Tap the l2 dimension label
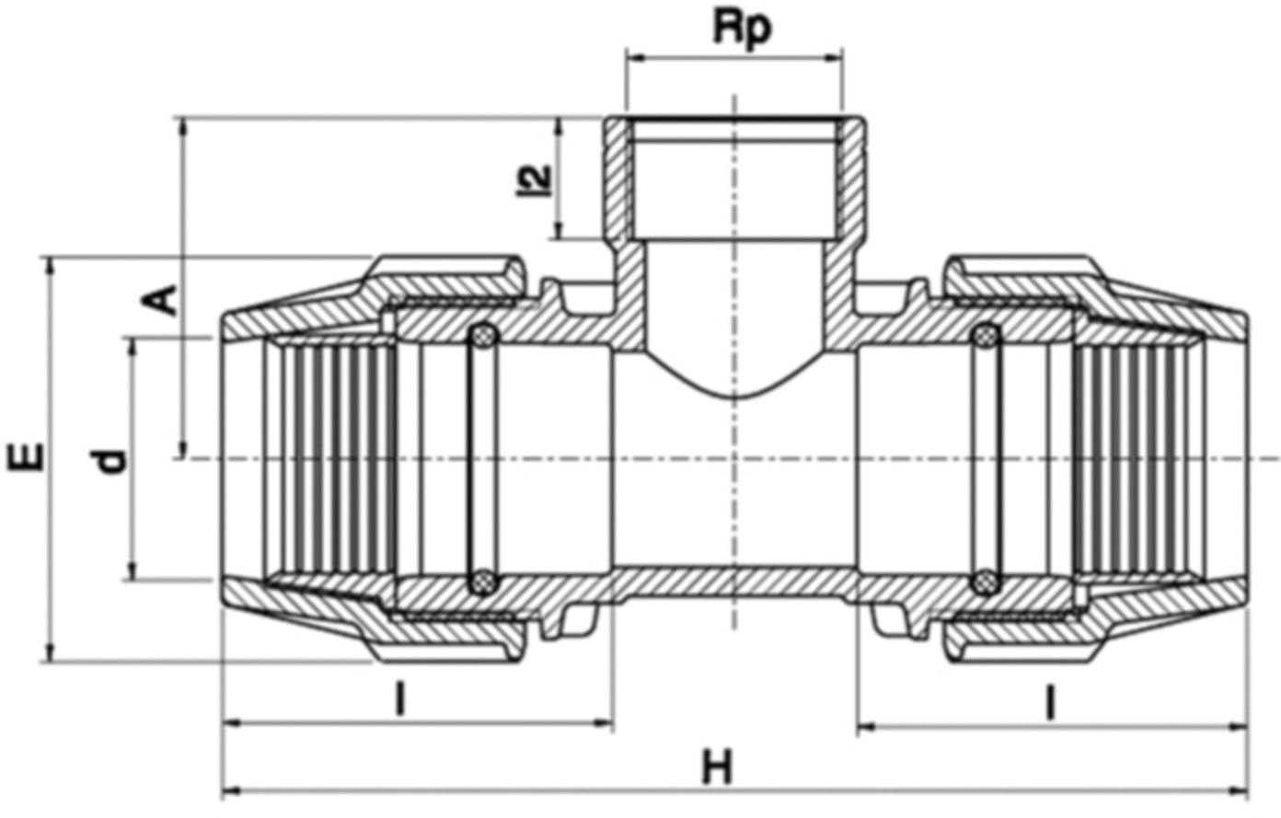(543, 178)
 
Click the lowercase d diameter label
(112, 460)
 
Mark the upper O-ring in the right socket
(986, 336)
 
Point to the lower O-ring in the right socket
(986, 582)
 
